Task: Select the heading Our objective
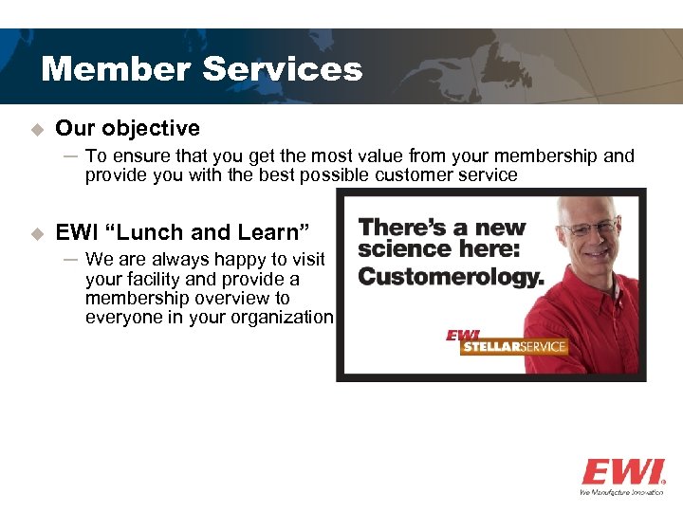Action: pos(127,128)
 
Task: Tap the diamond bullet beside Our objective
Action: pos(37,129)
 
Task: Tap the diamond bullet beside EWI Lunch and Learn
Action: pos(37,233)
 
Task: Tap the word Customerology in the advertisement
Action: pos(452,277)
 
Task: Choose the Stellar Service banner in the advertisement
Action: pos(512,346)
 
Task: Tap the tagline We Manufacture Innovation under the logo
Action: pos(621,492)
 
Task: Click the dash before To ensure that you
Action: pos(71,156)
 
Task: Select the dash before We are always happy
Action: pos(71,260)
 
